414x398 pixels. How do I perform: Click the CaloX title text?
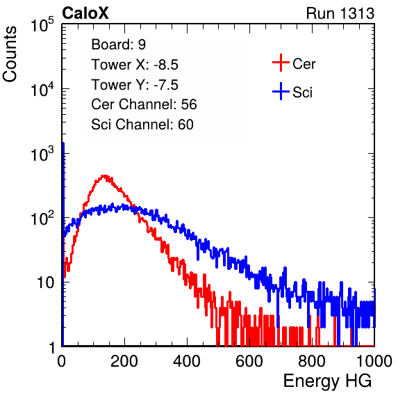pyautogui.click(x=85, y=13)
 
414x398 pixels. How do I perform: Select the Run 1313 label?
pyautogui.click(x=340, y=13)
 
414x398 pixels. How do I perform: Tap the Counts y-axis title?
pyautogui.click(x=10, y=54)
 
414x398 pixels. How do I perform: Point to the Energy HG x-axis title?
pyautogui.click(x=327, y=381)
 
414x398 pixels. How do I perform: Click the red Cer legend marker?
pyautogui.click(x=281, y=63)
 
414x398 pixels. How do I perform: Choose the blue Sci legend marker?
pyautogui.click(x=281, y=91)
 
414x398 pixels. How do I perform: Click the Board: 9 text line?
pyautogui.click(x=119, y=45)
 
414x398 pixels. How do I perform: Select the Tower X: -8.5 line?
pyautogui.click(x=135, y=65)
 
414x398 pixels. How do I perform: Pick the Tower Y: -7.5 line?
pyautogui.click(x=135, y=85)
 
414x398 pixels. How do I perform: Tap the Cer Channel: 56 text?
pyautogui.click(x=144, y=104)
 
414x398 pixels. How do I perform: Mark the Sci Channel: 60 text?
pyautogui.click(x=142, y=125)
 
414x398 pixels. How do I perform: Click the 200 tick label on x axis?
pyautogui.click(x=124, y=361)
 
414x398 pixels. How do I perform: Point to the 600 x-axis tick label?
pyautogui.click(x=249, y=361)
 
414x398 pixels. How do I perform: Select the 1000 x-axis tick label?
pyautogui.click(x=374, y=361)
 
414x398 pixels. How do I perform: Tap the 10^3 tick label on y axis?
pyautogui.click(x=42, y=154)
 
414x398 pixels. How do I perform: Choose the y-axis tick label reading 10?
pyautogui.click(x=46, y=282)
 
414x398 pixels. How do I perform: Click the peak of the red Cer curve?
pyautogui.click(x=105, y=175)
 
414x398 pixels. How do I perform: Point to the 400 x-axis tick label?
pyautogui.click(x=187, y=361)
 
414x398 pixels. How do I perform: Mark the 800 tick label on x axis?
pyautogui.click(x=312, y=361)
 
